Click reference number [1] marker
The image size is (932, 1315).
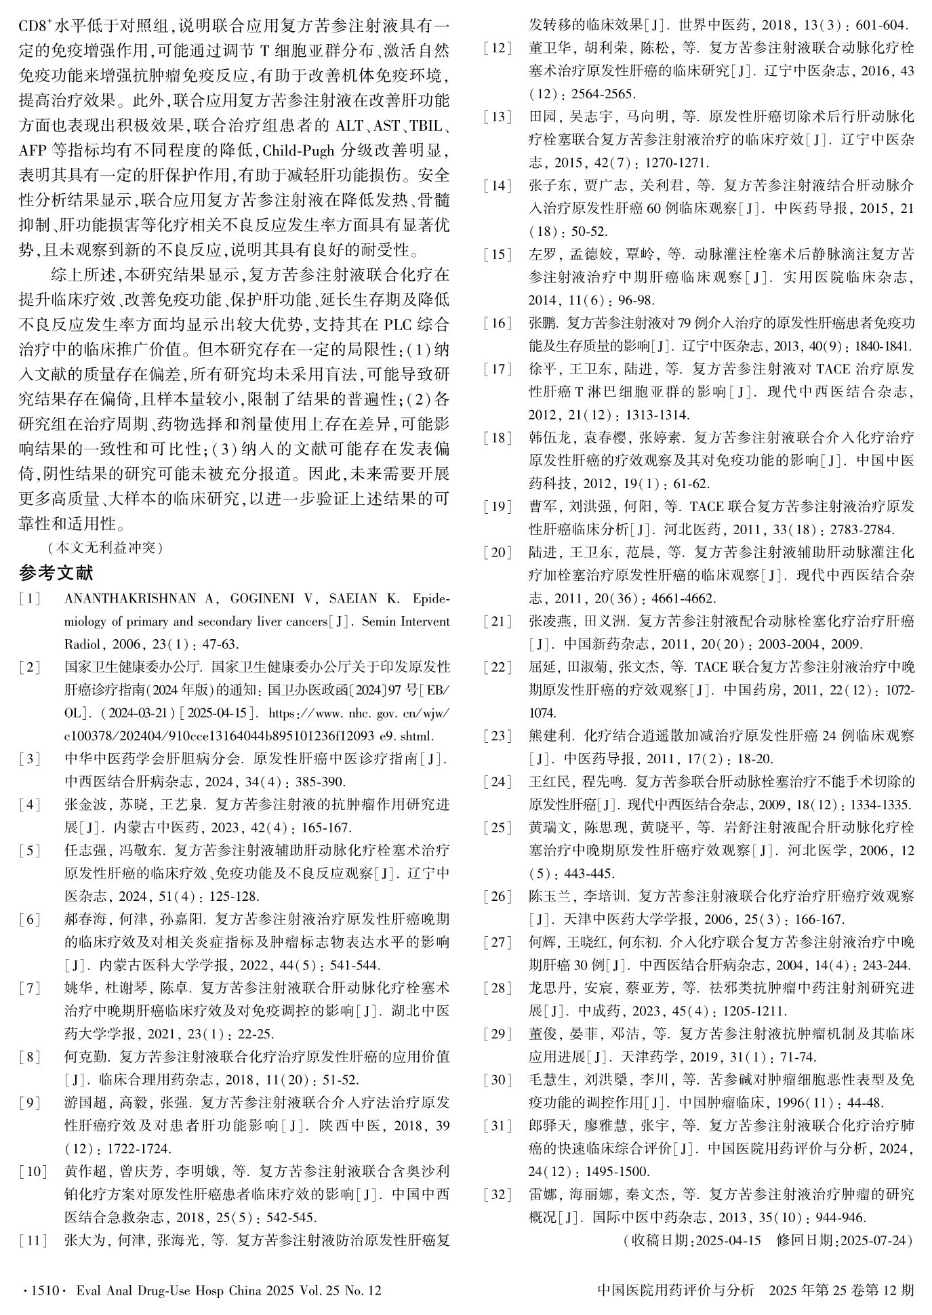31,599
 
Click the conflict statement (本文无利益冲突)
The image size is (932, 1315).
105,547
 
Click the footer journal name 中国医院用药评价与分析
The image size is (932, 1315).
676,1291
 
